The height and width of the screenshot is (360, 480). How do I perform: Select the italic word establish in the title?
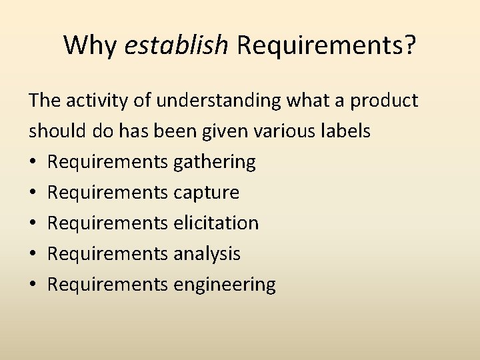(177, 45)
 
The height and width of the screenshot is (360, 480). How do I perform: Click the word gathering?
(214, 162)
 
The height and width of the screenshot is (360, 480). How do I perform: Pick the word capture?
(206, 193)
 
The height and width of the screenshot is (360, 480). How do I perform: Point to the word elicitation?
(215, 223)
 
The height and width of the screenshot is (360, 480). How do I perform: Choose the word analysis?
(207, 253)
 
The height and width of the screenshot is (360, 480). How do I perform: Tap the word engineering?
(224, 285)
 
